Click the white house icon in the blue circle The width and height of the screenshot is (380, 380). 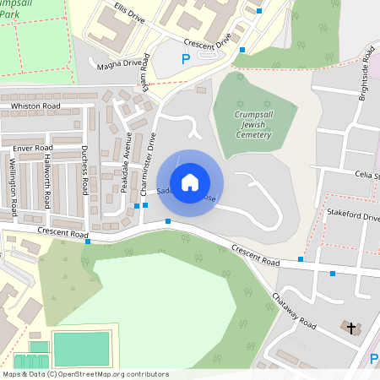pyautogui.click(x=190, y=182)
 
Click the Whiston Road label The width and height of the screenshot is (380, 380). pyautogui.click(x=35, y=106)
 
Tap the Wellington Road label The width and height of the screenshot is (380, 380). pyautogui.click(x=14, y=196)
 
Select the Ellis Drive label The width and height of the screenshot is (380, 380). pyautogui.click(x=130, y=13)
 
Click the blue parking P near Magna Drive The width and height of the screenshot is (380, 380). pyautogui.click(x=186, y=59)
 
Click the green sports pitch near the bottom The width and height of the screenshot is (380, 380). pyautogui.click(x=80, y=349)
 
